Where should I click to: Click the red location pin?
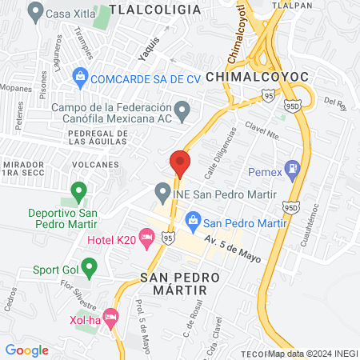pos(179,164)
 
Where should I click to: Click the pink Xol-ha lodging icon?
pos(111,317)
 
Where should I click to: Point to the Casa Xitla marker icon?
pos(35,12)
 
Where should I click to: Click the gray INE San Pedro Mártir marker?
pos(162,193)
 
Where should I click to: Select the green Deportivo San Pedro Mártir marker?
pos(78,192)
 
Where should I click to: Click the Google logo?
pos(27,350)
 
